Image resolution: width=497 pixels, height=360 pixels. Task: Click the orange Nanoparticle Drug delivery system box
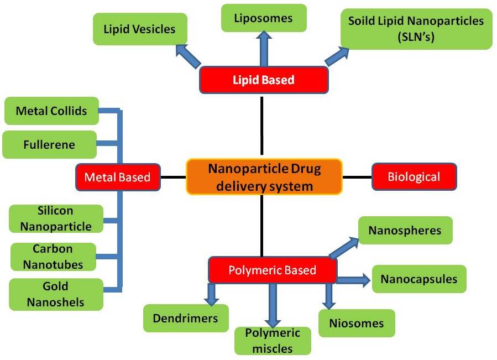264,176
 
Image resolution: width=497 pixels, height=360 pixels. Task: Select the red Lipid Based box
263,80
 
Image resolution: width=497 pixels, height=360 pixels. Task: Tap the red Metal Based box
118,177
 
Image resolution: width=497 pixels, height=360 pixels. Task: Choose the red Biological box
414,177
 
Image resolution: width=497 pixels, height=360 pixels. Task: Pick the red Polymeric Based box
272,270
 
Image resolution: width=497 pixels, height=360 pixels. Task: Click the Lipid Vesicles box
139,29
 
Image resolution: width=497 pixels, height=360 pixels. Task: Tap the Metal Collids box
51,111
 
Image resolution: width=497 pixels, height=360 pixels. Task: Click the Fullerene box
49,145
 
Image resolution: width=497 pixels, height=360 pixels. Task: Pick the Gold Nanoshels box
56,294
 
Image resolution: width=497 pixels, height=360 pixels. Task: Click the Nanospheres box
405,230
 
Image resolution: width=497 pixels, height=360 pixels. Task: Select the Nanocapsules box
418,279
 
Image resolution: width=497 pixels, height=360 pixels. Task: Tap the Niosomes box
357,323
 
